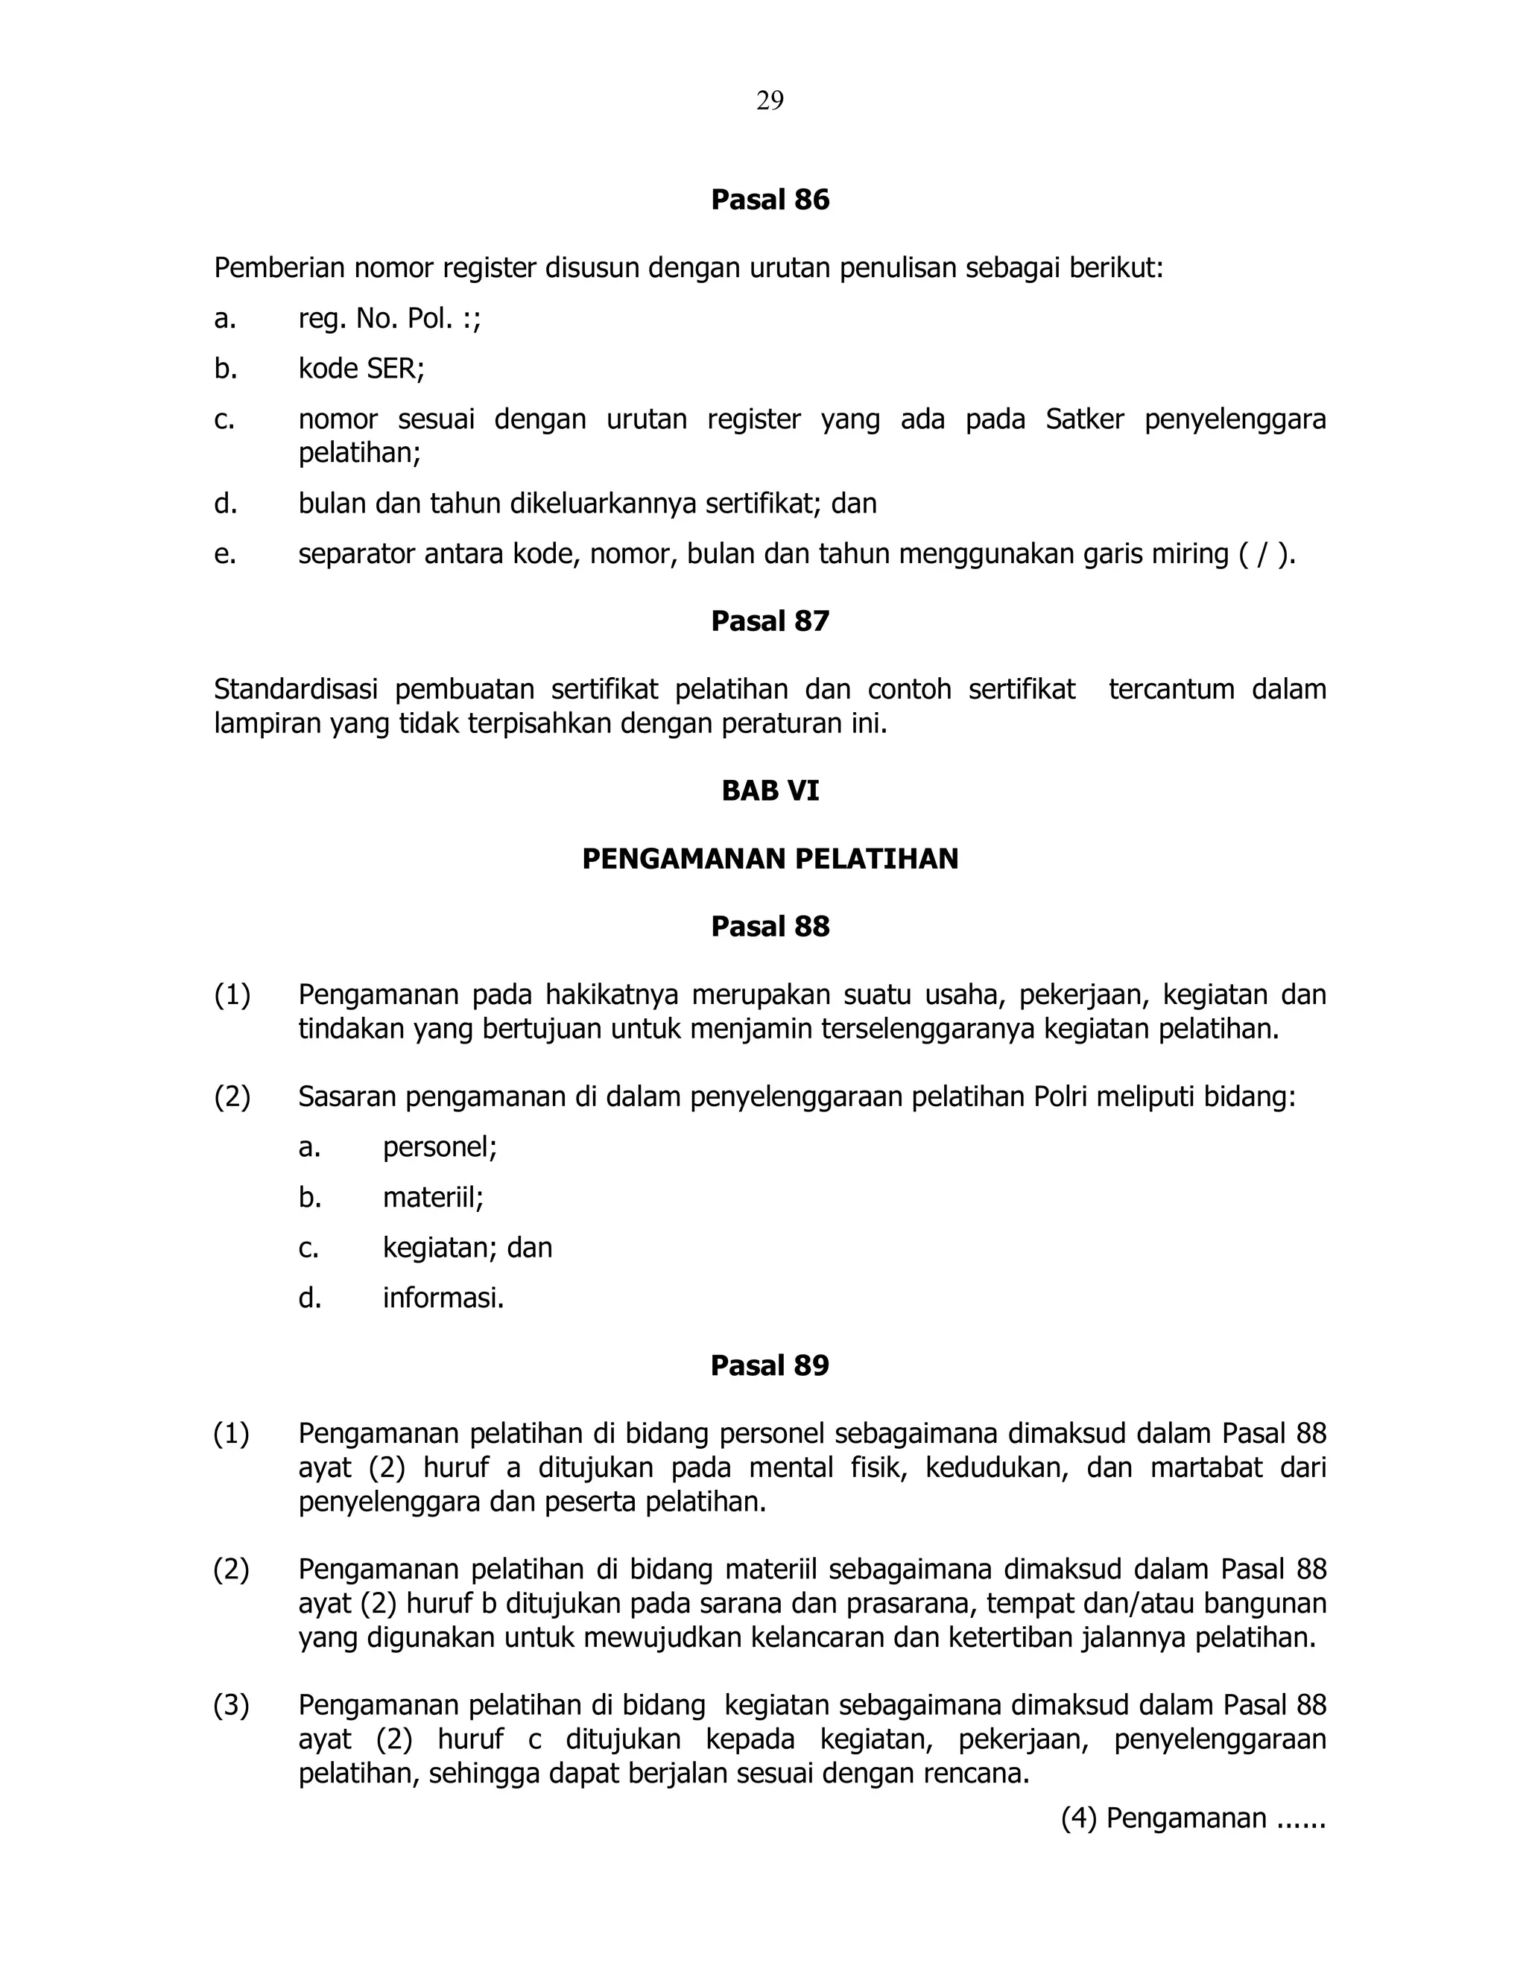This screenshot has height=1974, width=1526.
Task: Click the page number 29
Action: click(x=769, y=101)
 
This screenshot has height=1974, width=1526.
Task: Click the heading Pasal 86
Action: click(x=769, y=200)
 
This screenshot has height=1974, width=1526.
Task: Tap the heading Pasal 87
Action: click(x=769, y=621)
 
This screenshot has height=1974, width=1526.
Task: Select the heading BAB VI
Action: click(x=769, y=791)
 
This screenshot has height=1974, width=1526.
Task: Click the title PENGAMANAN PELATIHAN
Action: click(x=769, y=859)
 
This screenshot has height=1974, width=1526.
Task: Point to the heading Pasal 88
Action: click(x=769, y=927)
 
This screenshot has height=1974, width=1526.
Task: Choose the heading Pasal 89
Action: click(x=769, y=1365)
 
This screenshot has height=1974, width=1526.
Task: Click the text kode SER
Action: click(x=361, y=369)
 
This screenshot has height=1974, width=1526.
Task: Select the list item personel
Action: click(x=438, y=1147)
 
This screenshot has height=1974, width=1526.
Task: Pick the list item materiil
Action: click(x=432, y=1198)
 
